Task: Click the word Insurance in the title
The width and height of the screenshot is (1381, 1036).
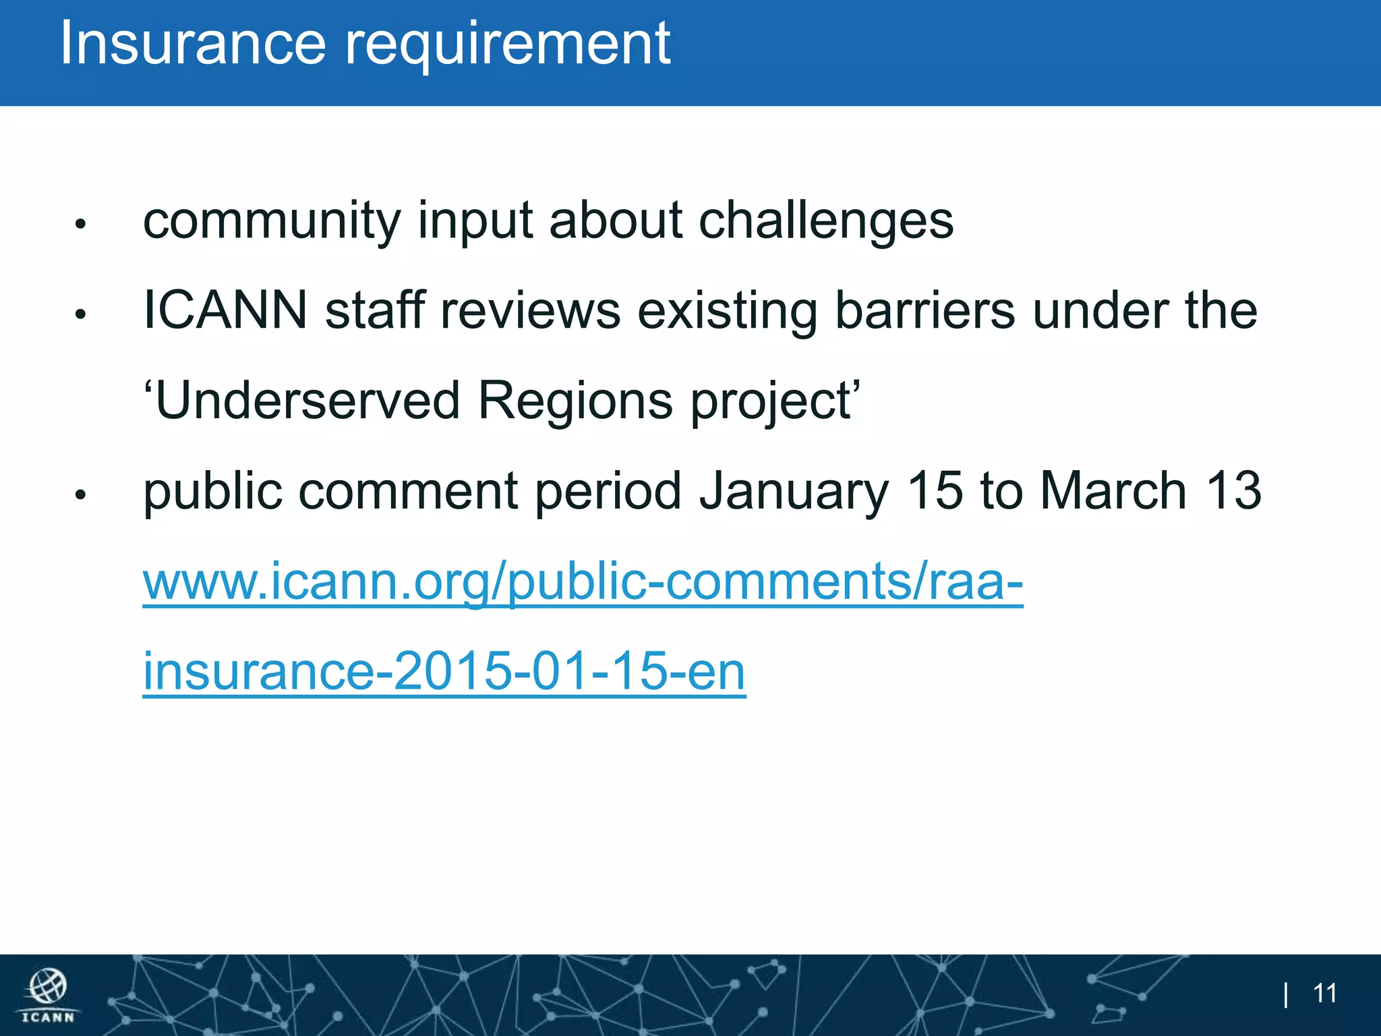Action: click(193, 43)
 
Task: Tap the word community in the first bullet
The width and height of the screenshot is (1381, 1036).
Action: click(272, 221)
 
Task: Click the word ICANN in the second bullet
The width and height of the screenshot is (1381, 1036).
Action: click(225, 310)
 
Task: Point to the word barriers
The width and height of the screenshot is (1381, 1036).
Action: click(924, 312)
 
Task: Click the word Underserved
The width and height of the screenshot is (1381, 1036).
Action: click(307, 401)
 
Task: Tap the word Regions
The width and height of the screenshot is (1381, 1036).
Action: click(575, 402)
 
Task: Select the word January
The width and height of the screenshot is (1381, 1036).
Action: click(794, 492)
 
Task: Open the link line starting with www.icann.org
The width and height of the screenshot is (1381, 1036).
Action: click(583, 581)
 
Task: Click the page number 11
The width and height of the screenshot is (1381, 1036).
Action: click(1325, 994)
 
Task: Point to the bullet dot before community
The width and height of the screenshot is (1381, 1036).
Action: click(80, 224)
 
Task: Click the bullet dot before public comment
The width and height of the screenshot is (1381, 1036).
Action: click(80, 494)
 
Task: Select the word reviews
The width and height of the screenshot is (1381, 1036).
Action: click(529, 312)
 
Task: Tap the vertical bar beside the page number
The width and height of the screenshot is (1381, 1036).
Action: click(1287, 994)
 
